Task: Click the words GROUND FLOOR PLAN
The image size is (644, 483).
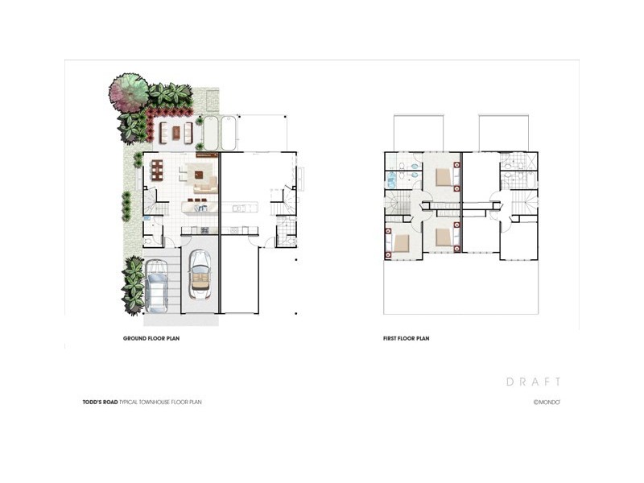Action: click(151, 339)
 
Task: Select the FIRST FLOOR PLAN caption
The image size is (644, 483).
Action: click(406, 339)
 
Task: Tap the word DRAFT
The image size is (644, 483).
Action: click(533, 382)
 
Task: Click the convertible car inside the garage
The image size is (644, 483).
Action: click(198, 273)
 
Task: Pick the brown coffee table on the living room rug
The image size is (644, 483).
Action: click(197, 172)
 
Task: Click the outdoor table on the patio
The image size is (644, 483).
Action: click(176, 130)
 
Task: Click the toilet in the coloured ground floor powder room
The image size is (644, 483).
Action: click(149, 239)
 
